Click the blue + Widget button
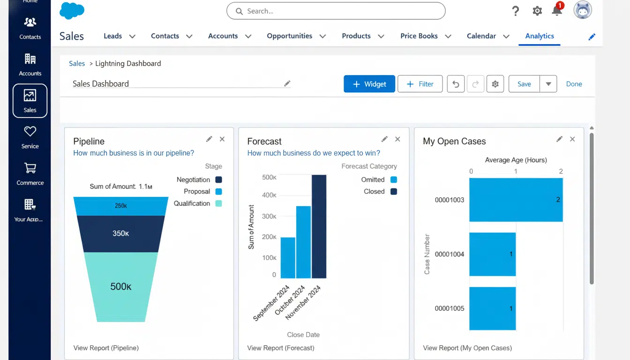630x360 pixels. click(x=369, y=84)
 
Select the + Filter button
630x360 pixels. click(x=420, y=84)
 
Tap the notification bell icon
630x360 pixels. click(x=557, y=11)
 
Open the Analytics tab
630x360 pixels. click(x=540, y=36)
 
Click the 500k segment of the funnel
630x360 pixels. click(x=120, y=286)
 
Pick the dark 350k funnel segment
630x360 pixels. click(x=120, y=233)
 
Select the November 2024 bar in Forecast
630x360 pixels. click(x=319, y=226)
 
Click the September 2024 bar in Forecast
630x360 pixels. click(x=288, y=258)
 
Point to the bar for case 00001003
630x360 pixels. click(x=516, y=200)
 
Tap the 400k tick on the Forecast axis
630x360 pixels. click(x=269, y=195)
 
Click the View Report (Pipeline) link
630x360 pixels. click(x=106, y=348)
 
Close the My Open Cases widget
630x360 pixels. click(x=572, y=139)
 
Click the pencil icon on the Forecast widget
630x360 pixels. click(x=384, y=139)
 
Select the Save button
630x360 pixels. click(x=524, y=84)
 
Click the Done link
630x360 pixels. click(x=574, y=84)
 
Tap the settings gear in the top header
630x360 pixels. click(x=537, y=11)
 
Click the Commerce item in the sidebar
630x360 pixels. click(x=30, y=173)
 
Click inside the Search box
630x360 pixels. click(x=336, y=11)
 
